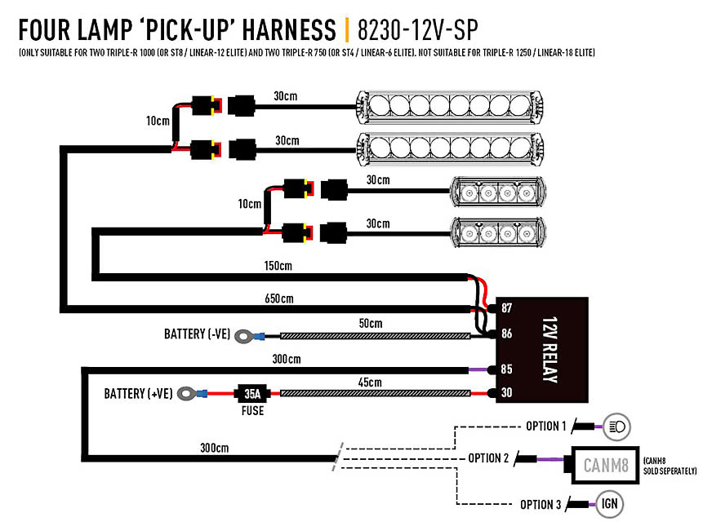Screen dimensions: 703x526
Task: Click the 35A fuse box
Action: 252,394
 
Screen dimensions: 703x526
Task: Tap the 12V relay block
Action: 542,350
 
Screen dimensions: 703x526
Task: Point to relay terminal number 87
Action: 506,308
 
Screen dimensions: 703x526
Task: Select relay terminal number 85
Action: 506,369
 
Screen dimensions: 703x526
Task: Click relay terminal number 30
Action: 506,392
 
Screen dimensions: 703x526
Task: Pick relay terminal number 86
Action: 506,334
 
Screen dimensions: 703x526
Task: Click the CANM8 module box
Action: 605,465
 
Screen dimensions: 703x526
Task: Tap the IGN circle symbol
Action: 609,504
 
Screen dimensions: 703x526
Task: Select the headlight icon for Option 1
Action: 617,427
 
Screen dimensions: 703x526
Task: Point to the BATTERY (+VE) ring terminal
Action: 186,394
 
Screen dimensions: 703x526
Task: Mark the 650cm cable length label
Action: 279,298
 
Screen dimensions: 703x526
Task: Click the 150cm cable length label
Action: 278,266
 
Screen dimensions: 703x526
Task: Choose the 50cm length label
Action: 371,323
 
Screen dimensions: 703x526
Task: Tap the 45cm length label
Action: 370,382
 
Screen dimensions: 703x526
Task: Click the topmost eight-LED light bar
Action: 450,107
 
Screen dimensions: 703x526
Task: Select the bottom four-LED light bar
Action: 498,232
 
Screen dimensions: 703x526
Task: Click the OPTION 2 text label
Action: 488,458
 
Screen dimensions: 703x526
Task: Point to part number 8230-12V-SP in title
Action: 418,30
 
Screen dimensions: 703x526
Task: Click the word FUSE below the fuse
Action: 252,411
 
